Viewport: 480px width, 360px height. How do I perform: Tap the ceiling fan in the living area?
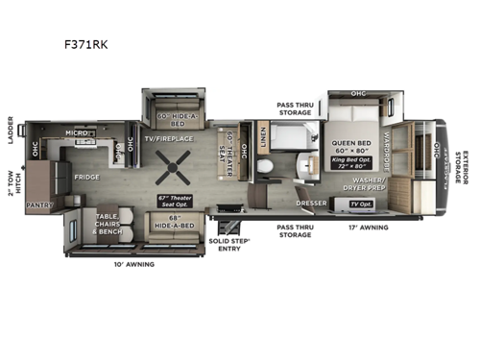174,174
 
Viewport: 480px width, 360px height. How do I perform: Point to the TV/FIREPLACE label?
169,139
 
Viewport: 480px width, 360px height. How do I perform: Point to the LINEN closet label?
265,143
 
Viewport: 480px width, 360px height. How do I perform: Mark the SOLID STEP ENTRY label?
232,242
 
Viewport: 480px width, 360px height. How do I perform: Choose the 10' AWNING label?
132,263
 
